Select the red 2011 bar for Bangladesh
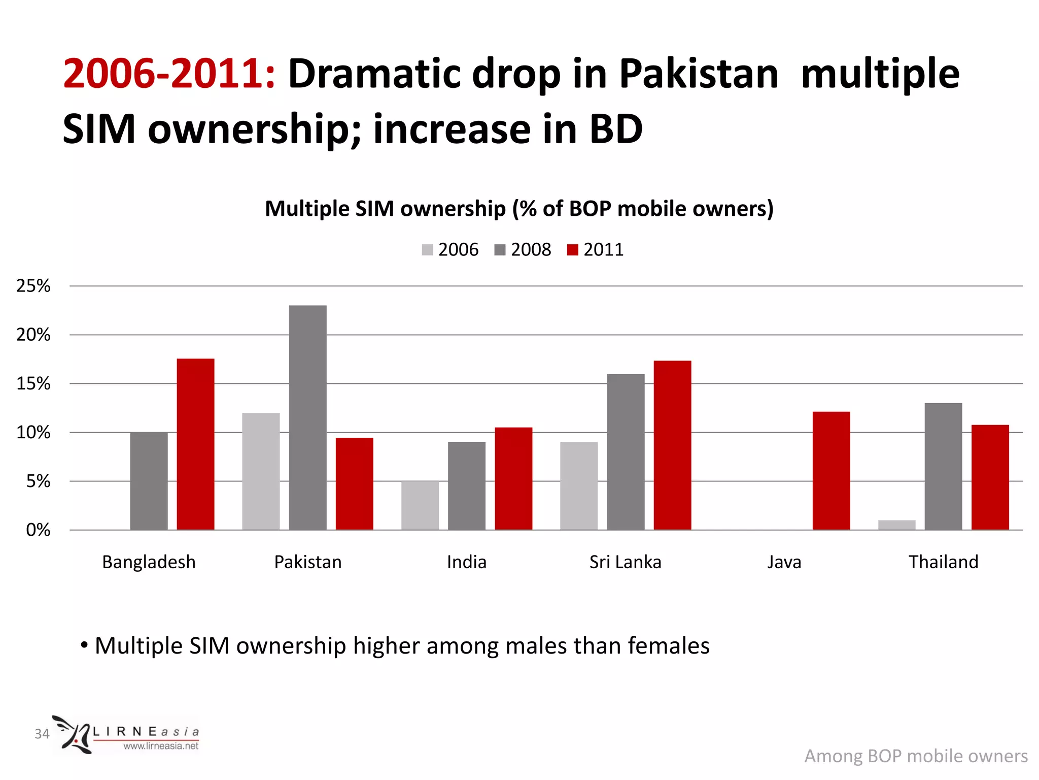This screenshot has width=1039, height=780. click(195, 444)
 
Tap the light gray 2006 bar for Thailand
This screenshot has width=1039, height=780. click(896, 525)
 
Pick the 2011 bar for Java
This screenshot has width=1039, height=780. click(831, 471)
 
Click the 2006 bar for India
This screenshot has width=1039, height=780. click(420, 505)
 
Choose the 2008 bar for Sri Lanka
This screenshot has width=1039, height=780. click(626, 452)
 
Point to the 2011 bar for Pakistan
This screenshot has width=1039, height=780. click(354, 483)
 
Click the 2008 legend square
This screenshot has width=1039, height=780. click(500, 250)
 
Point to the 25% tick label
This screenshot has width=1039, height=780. click(33, 286)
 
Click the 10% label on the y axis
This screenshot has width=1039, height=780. click(33, 433)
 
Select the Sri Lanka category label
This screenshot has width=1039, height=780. click(625, 562)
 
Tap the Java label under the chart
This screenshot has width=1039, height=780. click(784, 562)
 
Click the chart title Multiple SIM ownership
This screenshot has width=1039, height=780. click(519, 209)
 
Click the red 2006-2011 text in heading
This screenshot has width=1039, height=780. click(169, 74)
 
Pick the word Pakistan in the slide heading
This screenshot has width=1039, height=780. click(698, 74)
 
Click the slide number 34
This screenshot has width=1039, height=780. click(42, 734)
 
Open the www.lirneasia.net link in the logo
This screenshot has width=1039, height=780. click(161, 746)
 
